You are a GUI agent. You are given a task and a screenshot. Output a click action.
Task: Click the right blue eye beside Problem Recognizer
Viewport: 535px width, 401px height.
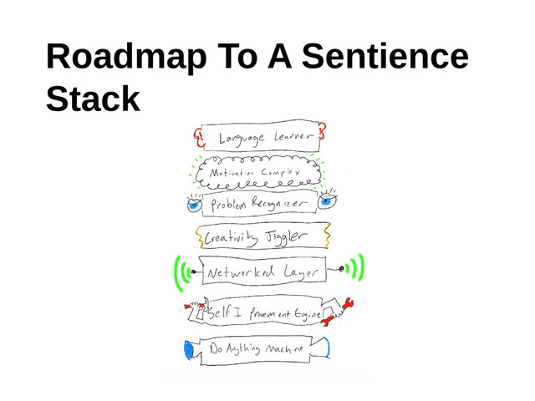click(x=328, y=198)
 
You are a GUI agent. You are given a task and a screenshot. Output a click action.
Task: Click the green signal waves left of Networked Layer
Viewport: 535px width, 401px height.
click(x=183, y=274)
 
